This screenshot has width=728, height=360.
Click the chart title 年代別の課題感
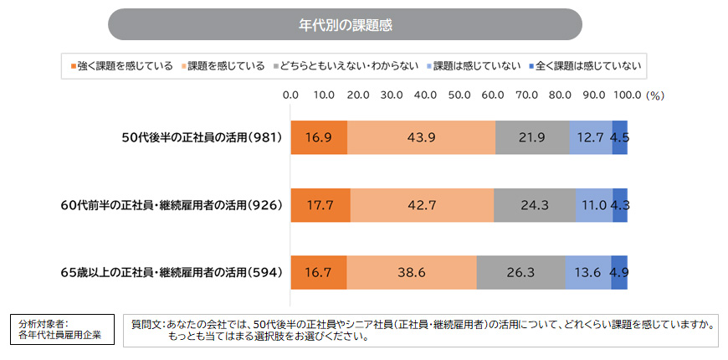pos(345,24)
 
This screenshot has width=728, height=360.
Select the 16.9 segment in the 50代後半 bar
pos(319,137)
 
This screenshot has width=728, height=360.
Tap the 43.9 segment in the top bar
pos(421,137)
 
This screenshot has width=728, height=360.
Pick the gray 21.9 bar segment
pos(531,137)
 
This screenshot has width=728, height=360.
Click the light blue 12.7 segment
pos(590,137)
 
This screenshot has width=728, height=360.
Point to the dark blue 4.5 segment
pos(619,137)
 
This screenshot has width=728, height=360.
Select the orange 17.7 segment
pos(320,204)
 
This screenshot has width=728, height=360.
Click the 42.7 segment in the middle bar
pos(422,204)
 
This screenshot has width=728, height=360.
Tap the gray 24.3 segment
pos(534,204)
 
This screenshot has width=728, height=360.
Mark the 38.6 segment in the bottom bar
pos(412,272)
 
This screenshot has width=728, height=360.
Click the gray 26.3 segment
pos(520,272)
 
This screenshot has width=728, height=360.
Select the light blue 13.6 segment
pos(587,272)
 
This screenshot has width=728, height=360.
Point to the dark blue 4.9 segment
pos(619,272)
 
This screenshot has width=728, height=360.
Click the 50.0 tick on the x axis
pos(459,95)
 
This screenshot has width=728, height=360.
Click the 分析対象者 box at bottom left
pos(61,329)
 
